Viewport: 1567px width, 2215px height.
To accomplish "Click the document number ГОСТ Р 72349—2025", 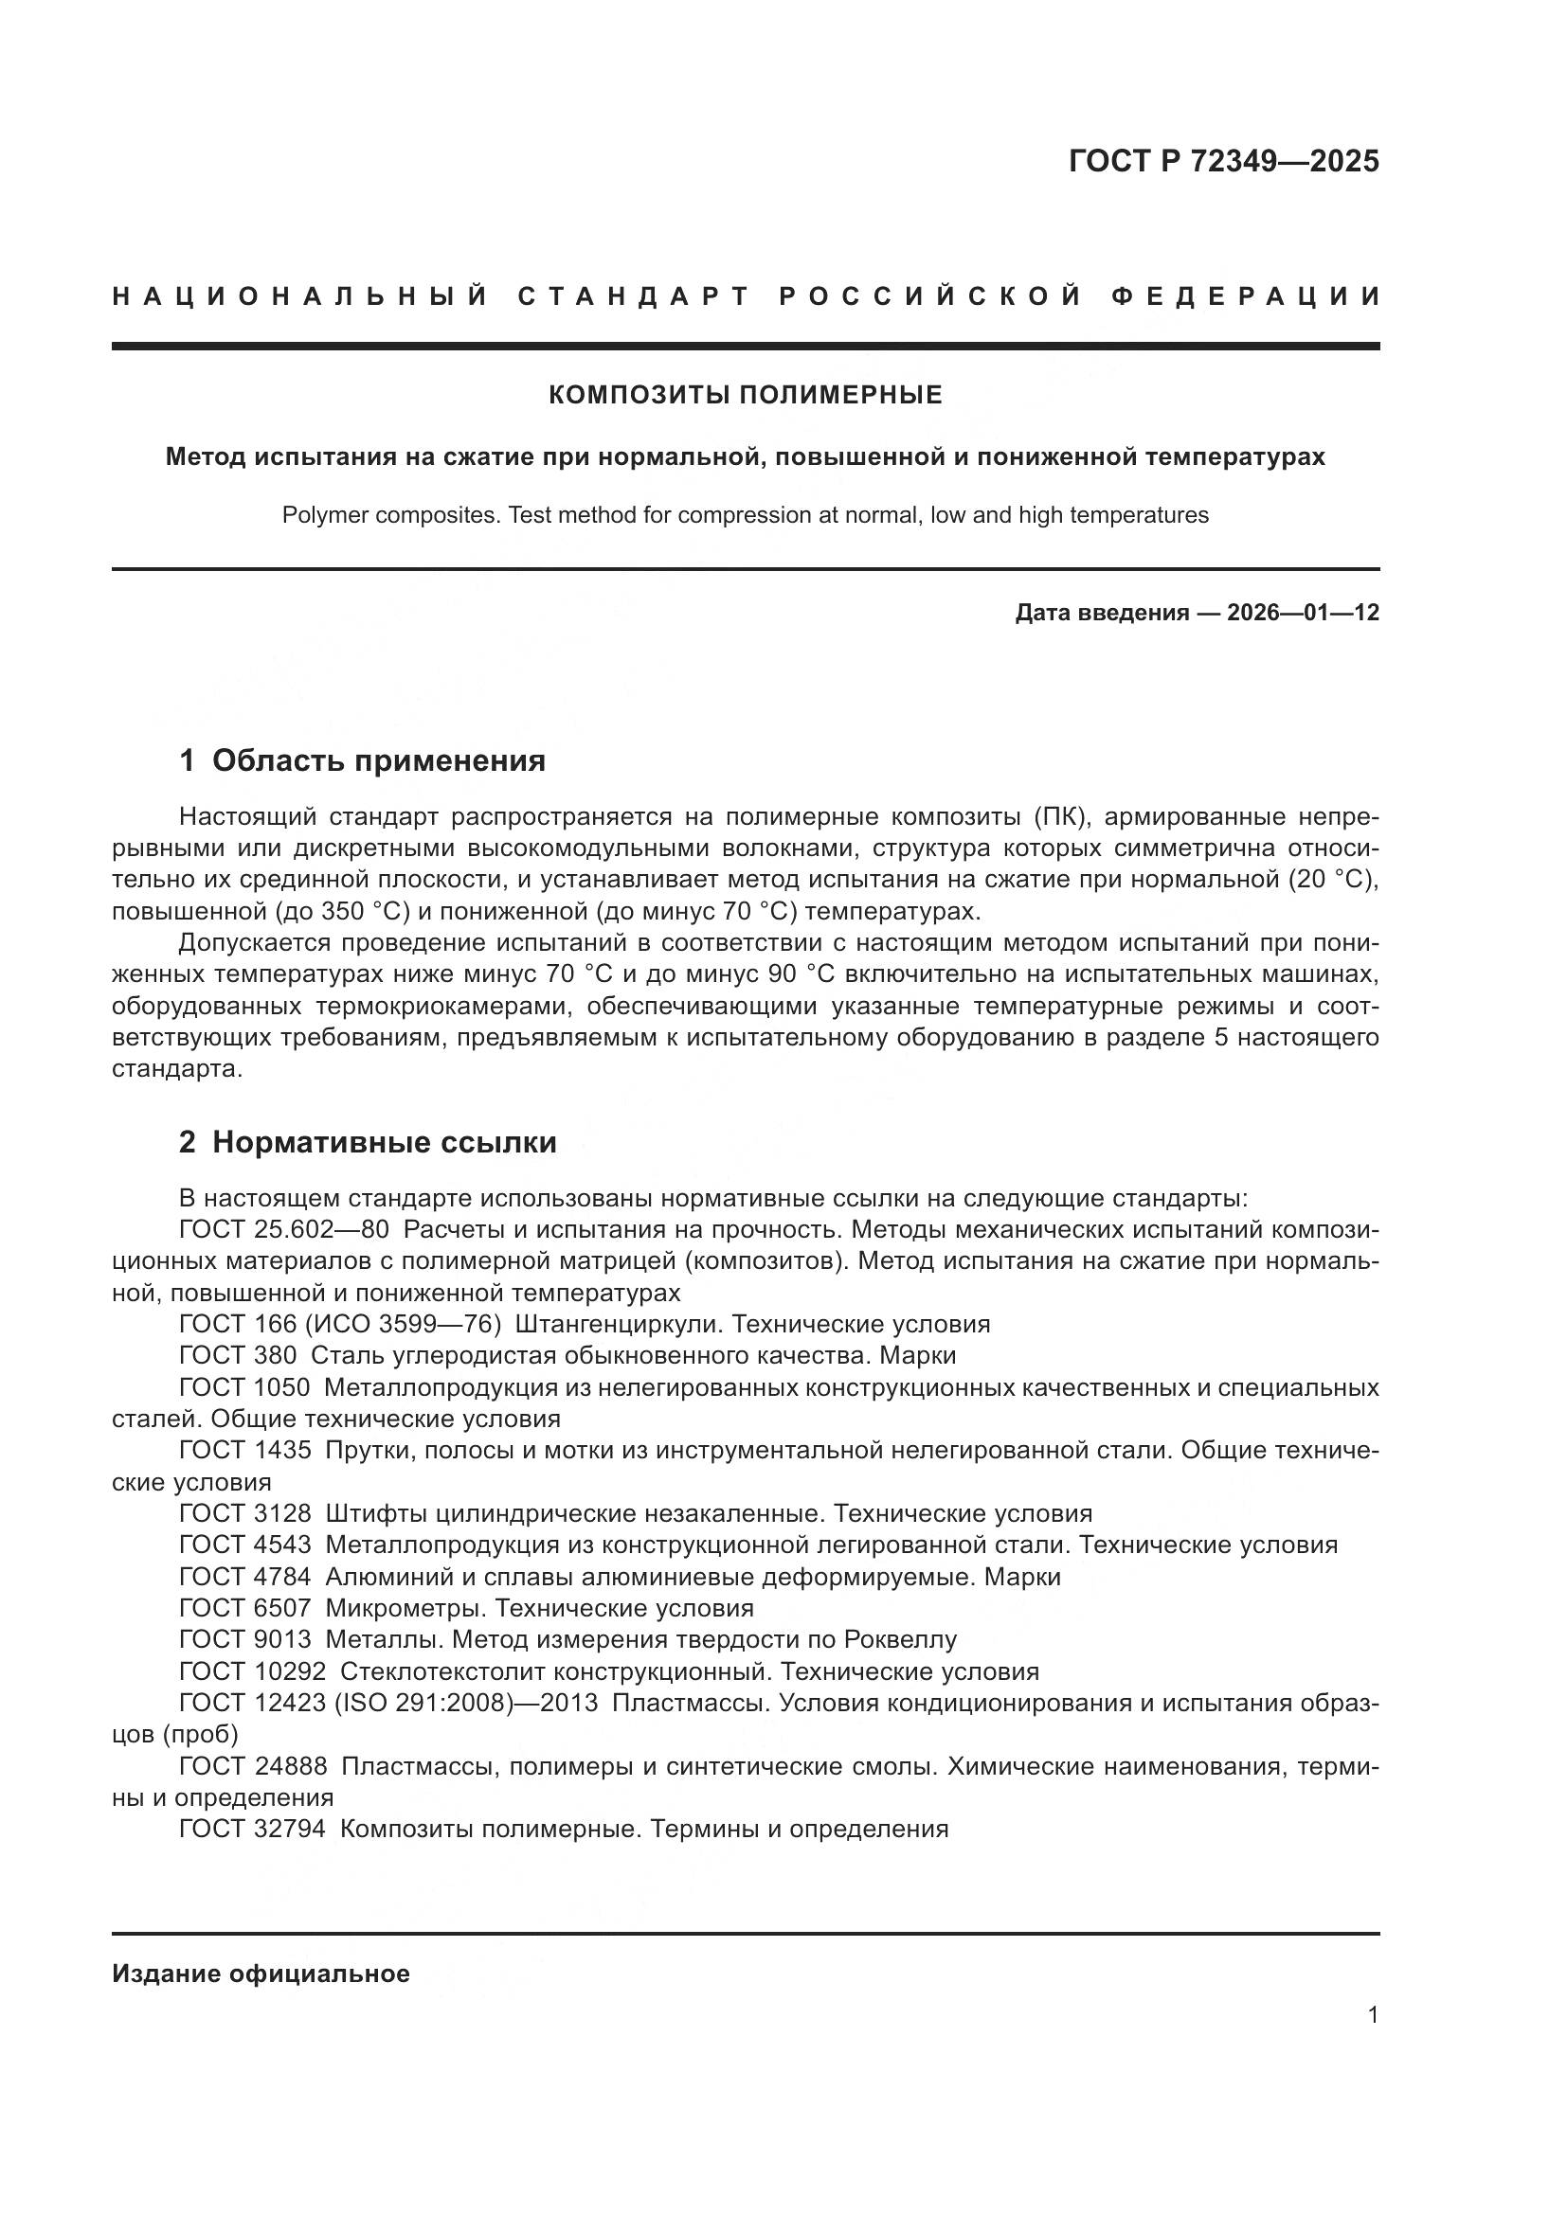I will tap(1223, 161).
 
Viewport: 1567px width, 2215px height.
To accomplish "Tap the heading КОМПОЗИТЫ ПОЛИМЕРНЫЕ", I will tap(745, 395).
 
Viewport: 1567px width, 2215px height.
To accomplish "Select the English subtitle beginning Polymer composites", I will tap(745, 515).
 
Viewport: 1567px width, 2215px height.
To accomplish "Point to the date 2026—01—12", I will tap(1303, 613).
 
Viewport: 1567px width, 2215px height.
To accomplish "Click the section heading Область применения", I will tap(378, 761).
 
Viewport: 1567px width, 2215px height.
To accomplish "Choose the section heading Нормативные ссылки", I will tap(384, 1142).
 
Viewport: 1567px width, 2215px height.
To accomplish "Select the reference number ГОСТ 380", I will tap(238, 1355).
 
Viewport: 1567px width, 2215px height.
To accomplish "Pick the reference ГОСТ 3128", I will tap(245, 1512).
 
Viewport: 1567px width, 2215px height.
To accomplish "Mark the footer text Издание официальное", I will tap(261, 1974).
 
